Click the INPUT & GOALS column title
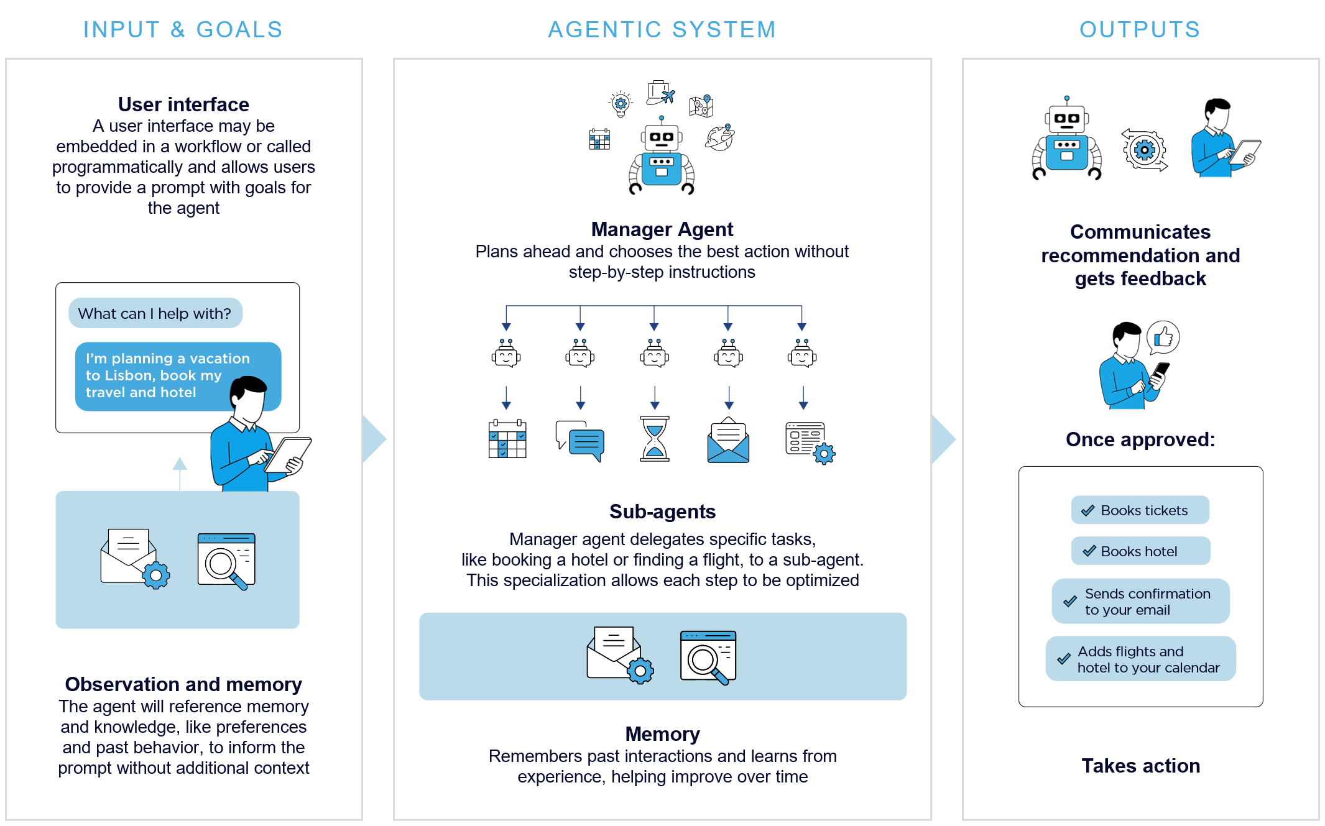click(x=183, y=30)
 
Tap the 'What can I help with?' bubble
click(x=155, y=313)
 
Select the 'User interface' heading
click(x=183, y=104)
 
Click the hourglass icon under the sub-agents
click(x=655, y=439)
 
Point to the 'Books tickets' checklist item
click(x=1140, y=510)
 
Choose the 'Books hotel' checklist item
click(x=1140, y=551)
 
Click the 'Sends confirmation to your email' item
click(x=1140, y=602)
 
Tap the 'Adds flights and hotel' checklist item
click(x=1140, y=659)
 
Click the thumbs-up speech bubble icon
click(x=1163, y=337)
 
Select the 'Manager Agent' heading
click(x=662, y=229)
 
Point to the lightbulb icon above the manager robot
click(x=621, y=103)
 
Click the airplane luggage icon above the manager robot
click(x=660, y=93)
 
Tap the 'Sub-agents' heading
click(x=662, y=512)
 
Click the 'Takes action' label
click(x=1140, y=766)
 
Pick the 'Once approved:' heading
click(x=1140, y=439)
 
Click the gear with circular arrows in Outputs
click(x=1144, y=150)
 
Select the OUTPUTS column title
click(x=1140, y=30)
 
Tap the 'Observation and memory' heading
click(x=183, y=684)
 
